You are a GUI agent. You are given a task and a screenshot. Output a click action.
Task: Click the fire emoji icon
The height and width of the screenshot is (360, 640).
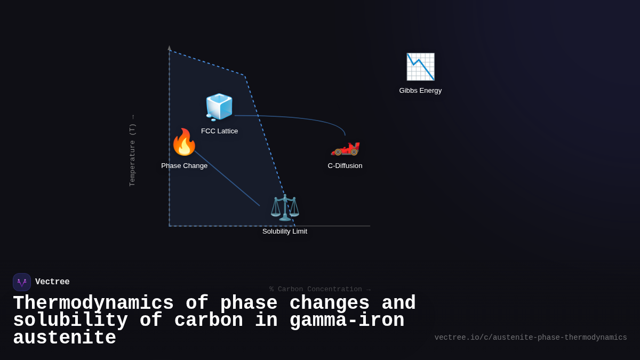point(184,142)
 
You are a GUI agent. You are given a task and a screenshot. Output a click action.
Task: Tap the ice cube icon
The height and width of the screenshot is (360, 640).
point(219,107)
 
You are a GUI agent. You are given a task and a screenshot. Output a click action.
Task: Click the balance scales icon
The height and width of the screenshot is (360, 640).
point(285,207)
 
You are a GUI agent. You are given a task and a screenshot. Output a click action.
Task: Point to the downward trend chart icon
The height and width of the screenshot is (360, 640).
point(420,67)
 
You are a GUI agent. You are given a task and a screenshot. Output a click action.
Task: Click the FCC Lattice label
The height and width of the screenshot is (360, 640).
point(220,131)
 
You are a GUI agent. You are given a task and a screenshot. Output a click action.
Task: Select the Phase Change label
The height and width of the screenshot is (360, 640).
point(185,166)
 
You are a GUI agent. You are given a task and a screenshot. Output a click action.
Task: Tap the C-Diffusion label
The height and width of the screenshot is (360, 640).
point(345,166)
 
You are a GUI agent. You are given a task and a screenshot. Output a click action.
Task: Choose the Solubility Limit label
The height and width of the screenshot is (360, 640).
point(285,231)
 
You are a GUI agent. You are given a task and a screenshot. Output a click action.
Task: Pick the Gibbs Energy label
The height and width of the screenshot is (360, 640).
point(420,91)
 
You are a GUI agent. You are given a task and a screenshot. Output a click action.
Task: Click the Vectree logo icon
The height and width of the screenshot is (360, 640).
point(22,282)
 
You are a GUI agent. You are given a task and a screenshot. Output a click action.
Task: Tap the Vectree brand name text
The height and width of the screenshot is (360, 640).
point(52,282)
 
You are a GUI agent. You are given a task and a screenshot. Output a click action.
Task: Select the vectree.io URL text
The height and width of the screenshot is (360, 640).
point(531,338)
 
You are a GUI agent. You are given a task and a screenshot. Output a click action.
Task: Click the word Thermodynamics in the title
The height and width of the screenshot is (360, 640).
point(93,303)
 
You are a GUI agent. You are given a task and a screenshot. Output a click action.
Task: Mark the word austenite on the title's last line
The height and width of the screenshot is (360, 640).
point(65,338)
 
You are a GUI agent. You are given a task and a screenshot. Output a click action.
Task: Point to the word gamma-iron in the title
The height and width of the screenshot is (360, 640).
point(347,321)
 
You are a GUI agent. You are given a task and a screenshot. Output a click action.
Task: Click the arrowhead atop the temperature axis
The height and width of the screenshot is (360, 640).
point(170,48)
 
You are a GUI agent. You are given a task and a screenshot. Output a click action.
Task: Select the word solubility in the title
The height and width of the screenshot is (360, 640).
point(70,321)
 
